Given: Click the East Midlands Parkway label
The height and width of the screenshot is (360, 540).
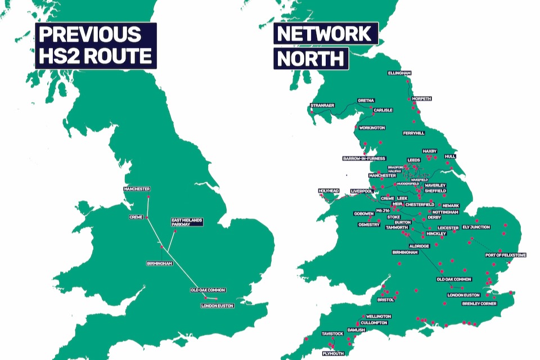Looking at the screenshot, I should tap(187, 222).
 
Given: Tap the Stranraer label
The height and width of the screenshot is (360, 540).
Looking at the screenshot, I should tap(322, 105).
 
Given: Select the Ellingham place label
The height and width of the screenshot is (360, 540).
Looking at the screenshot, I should tap(399, 73).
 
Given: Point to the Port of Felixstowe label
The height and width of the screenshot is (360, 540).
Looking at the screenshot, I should tap(506, 255).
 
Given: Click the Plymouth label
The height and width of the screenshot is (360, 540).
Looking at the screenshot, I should tap(333, 353).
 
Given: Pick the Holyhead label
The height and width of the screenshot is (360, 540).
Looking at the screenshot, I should tap(329, 191).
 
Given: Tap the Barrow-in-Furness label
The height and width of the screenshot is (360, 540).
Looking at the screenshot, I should tap(363, 159).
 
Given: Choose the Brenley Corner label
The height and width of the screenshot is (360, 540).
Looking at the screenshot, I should tap(479, 304).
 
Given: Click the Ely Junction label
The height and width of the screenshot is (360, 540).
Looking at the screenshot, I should tap(476, 227).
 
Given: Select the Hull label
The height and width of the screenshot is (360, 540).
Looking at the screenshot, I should tap(450, 156).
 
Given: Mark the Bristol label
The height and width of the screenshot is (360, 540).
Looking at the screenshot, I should tap(386, 300).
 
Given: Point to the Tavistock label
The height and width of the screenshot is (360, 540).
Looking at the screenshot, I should tap(332, 334).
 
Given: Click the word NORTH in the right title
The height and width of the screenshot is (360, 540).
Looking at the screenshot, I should tap(311, 58).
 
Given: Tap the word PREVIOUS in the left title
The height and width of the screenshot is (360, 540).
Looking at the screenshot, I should tap(89, 34).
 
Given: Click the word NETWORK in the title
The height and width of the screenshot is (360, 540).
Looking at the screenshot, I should tap(326, 34).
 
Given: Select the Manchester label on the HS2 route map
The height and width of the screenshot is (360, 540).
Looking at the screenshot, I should tap(137, 189).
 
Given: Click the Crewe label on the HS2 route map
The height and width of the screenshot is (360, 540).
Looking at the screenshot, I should tap(137, 217).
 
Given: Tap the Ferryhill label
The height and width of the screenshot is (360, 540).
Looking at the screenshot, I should tap(414, 133).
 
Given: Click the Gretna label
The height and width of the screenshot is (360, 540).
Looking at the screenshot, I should tap(366, 101).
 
